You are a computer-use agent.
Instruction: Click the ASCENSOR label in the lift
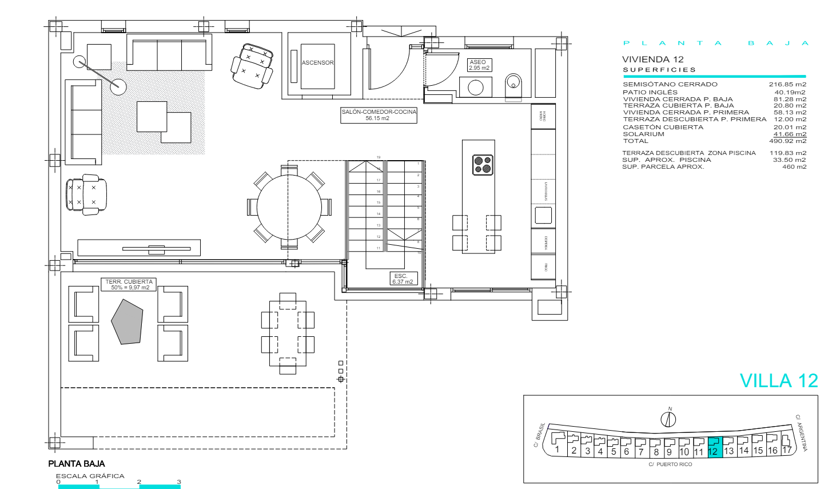(x=317, y=63)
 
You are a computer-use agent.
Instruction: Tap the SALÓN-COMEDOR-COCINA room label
(x=379, y=115)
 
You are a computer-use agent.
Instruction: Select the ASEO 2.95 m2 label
(x=479, y=65)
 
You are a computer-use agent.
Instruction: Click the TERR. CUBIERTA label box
(x=129, y=285)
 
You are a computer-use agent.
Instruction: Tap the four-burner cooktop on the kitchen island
(x=483, y=164)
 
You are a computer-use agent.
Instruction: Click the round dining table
(x=289, y=206)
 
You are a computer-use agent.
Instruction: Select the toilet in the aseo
(x=513, y=86)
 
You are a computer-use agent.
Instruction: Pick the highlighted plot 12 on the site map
(x=715, y=446)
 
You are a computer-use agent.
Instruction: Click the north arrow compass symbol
(x=668, y=419)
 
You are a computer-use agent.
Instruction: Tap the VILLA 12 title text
(x=778, y=381)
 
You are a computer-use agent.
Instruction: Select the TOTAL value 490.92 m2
(x=787, y=141)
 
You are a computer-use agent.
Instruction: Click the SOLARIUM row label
(x=643, y=134)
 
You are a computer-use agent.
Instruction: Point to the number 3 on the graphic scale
(x=178, y=482)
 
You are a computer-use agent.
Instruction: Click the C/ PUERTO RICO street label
(x=670, y=464)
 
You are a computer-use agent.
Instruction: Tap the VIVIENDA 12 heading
(x=652, y=59)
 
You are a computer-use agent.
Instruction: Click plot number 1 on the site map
(x=557, y=450)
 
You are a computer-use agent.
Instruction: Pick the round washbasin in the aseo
(x=476, y=88)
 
